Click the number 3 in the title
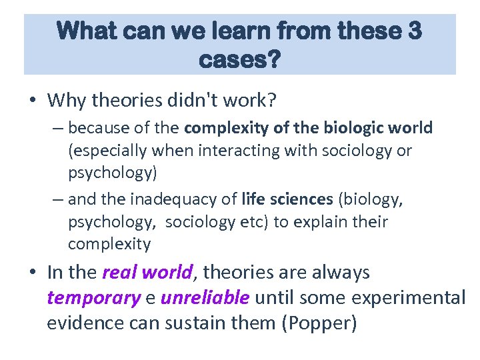(x=411, y=32)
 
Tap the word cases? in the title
(x=240, y=60)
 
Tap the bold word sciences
(x=301, y=199)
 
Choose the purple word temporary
(x=93, y=297)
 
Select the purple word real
(x=119, y=273)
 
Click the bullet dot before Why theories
(x=33, y=101)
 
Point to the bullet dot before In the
(x=33, y=273)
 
